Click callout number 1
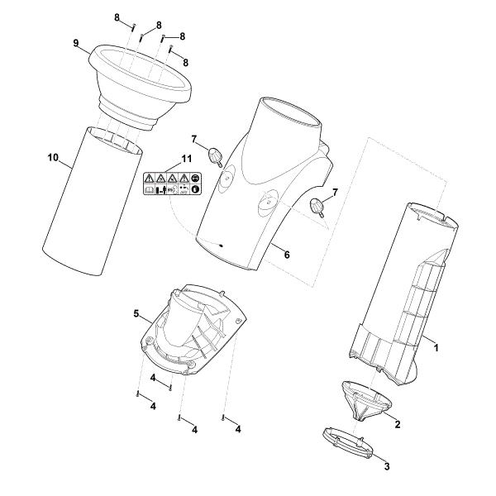coord(436,348)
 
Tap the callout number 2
coord(398,424)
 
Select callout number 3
coord(387,466)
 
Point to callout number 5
coord(136,314)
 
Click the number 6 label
coord(287,255)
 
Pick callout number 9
coord(75,43)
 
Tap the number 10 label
coord(53,157)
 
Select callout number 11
coord(187,159)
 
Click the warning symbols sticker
coord(173,184)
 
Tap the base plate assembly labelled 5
coord(193,329)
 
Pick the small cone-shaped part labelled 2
coord(366,400)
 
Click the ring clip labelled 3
coord(348,442)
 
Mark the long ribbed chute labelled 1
coord(403,294)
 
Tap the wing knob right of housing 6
coord(317,207)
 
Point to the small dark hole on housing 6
coord(221,246)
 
